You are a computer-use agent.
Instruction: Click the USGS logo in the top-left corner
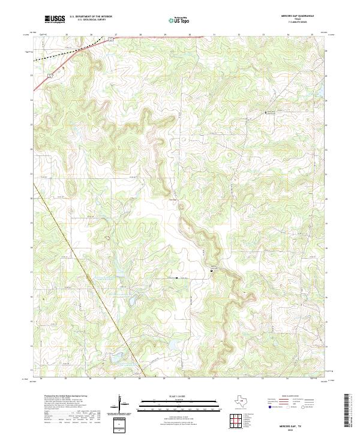tap(55, 19)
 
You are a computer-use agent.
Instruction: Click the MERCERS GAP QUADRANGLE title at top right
tap(298, 16)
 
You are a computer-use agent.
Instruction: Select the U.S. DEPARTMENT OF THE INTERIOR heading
tap(91, 17)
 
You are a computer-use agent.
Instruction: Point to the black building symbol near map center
tap(212, 271)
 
